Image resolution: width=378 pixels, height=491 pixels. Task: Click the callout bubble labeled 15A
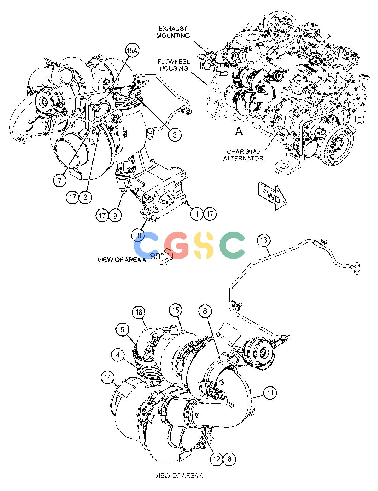(x=131, y=50)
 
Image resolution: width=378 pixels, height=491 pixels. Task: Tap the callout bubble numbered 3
(x=175, y=134)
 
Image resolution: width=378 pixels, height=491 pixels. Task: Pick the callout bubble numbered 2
(x=85, y=197)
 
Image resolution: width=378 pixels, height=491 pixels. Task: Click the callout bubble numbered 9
(x=115, y=216)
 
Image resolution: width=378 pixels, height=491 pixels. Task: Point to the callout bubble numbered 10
(x=138, y=235)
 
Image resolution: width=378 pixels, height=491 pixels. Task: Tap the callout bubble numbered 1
(x=197, y=214)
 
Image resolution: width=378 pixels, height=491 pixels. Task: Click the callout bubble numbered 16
(x=139, y=313)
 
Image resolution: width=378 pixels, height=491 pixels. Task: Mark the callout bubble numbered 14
(x=108, y=377)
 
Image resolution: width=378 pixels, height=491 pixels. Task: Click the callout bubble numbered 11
(x=270, y=393)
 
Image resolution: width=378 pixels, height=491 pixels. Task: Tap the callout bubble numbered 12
(x=217, y=459)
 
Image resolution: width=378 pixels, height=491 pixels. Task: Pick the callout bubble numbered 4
(x=118, y=355)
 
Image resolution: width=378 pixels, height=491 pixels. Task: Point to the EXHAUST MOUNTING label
(x=173, y=32)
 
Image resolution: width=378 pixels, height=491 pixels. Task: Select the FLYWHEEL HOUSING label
(x=174, y=65)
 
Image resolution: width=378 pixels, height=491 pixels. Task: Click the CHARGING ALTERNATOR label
(x=243, y=155)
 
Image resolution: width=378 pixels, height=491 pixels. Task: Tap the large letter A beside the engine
(x=239, y=131)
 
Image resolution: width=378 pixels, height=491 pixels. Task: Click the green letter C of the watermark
(x=232, y=245)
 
